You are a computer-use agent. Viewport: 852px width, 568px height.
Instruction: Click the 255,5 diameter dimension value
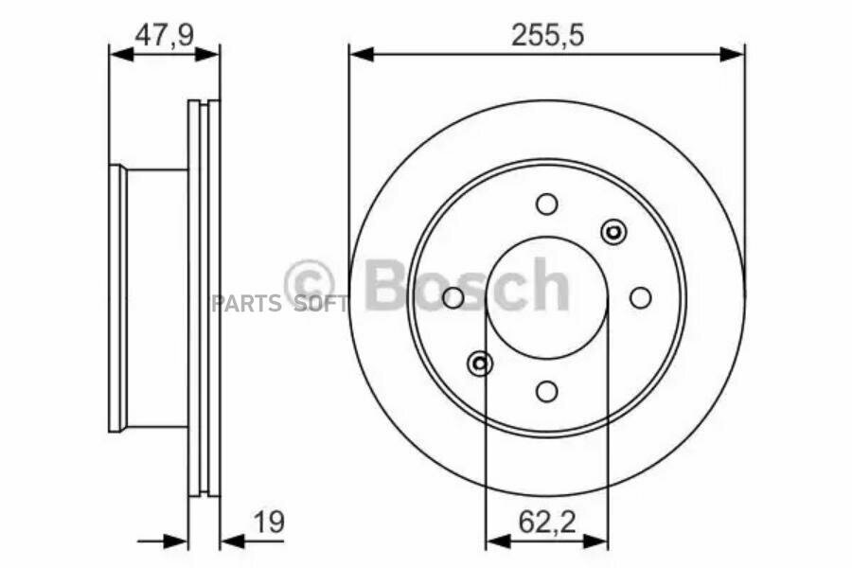tap(547, 36)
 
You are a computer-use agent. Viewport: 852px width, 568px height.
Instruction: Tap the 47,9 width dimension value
tap(164, 36)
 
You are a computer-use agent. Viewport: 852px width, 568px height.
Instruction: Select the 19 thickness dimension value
tap(269, 523)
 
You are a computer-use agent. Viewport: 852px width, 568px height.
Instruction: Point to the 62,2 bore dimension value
tap(546, 523)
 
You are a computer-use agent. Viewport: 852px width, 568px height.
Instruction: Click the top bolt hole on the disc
tap(546, 204)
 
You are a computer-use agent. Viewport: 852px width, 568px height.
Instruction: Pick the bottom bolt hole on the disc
tap(546, 391)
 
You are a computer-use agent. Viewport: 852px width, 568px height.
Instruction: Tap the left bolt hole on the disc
tap(453, 297)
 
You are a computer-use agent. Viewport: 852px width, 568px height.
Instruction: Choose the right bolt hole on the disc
tap(641, 297)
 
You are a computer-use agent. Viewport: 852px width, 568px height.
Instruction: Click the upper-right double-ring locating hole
tap(613, 232)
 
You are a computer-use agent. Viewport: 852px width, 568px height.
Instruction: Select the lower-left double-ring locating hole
tap(480, 364)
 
